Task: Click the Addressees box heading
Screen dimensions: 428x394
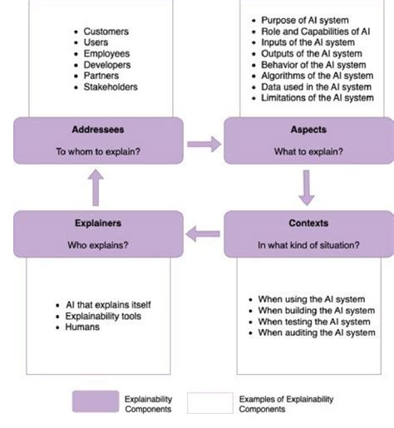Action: (x=98, y=130)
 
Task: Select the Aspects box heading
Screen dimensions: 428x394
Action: (x=308, y=130)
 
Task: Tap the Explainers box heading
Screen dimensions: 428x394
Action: (x=98, y=223)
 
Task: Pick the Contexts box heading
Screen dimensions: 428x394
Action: (x=308, y=223)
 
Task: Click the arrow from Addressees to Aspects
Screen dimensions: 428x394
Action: (x=204, y=145)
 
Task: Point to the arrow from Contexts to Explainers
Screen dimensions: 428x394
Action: (x=204, y=234)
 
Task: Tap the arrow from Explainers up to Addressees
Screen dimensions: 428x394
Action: (x=97, y=187)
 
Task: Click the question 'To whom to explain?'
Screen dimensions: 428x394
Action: (x=98, y=152)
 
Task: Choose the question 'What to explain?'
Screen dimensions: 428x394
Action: (x=308, y=152)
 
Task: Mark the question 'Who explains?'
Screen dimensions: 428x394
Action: (x=98, y=245)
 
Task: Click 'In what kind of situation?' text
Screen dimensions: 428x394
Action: (x=308, y=245)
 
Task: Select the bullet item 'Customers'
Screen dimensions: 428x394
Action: (x=106, y=32)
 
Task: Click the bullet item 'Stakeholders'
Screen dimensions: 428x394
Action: (x=111, y=86)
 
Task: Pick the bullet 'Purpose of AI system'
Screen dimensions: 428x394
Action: (x=305, y=20)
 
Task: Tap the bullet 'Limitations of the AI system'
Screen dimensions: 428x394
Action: (x=317, y=97)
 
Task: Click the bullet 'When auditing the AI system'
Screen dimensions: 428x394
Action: (x=317, y=332)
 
